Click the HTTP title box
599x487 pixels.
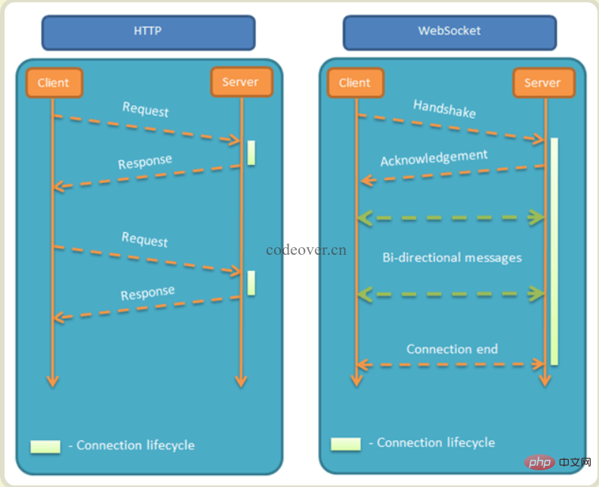pyautogui.click(x=148, y=33)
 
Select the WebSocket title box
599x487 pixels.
pyautogui.click(x=449, y=33)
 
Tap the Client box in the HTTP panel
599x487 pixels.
pyautogui.click(x=54, y=83)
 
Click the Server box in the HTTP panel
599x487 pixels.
pyautogui.click(x=241, y=82)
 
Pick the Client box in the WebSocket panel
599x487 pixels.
pyautogui.click(x=355, y=83)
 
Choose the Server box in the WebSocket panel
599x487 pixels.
pyautogui.click(x=542, y=83)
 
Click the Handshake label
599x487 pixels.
pyautogui.click(x=445, y=109)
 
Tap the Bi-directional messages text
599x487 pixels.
pyautogui.click(x=452, y=258)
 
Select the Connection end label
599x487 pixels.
pyautogui.click(x=452, y=349)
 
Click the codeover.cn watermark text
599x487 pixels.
pyautogui.click(x=306, y=249)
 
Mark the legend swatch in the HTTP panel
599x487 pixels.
pyautogui.click(x=45, y=446)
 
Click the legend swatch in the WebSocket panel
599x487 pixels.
pyautogui.click(x=346, y=444)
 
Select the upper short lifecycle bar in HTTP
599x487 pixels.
pyautogui.click(x=252, y=153)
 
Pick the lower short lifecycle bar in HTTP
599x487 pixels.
pyautogui.click(x=252, y=283)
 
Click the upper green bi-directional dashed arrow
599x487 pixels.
pyautogui.click(x=451, y=218)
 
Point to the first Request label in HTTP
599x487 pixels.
pyautogui.click(x=146, y=110)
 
